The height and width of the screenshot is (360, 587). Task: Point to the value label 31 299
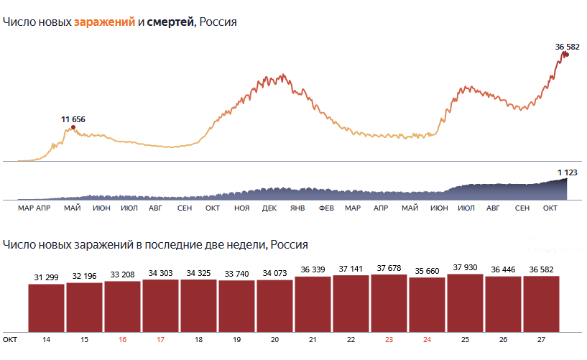(x=47, y=278)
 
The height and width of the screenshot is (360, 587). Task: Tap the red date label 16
(x=123, y=338)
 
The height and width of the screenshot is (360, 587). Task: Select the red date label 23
(x=389, y=338)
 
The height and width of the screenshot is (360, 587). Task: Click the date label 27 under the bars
(x=541, y=338)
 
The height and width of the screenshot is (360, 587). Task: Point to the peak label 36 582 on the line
(x=567, y=47)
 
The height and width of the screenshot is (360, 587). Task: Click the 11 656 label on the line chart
(x=73, y=119)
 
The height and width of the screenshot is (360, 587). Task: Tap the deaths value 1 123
(x=568, y=172)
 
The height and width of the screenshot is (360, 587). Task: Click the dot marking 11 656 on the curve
(x=73, y=128)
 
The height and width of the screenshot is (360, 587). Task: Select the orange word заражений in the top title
(x=104, y=22)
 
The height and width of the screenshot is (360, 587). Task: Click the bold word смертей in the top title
(x=170, y=22)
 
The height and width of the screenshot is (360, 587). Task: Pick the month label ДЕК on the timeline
(x=269, y=208)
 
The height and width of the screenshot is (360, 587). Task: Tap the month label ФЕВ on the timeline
(x=326, y=208)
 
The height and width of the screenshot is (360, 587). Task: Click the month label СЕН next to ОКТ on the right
(x=522, y=208)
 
